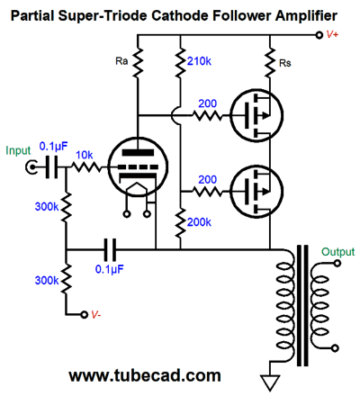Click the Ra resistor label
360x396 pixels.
click(121, 61)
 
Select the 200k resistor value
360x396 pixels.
click(199, 221)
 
